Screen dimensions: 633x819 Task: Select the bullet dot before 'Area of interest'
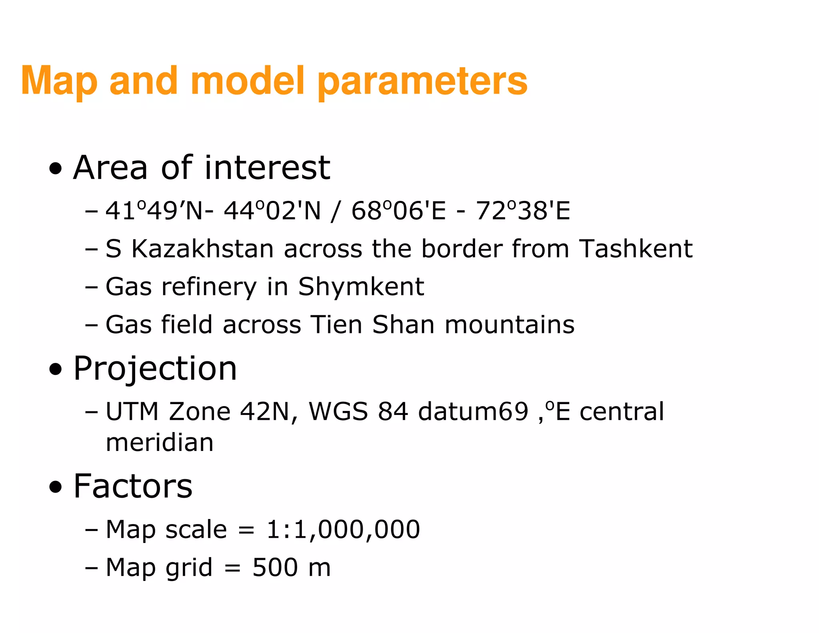point(56,169)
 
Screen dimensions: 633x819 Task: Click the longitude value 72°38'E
point(523,211)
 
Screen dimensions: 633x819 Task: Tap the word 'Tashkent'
point(635,249)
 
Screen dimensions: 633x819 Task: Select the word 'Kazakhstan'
point(202,249)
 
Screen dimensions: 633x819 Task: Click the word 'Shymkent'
point(361,287)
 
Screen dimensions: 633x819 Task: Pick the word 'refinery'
point(209,287)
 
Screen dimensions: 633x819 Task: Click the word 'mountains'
point(509,325)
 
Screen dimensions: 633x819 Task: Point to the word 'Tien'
point(336,325)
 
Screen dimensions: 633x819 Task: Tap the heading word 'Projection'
point(155,369)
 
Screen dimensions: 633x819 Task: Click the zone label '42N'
point(264,411)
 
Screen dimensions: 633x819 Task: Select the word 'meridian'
point(160,443)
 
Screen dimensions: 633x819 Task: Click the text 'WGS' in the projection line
point(338,411)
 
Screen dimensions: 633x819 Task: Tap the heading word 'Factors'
point(133,486)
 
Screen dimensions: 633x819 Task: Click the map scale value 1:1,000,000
point(343,529)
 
